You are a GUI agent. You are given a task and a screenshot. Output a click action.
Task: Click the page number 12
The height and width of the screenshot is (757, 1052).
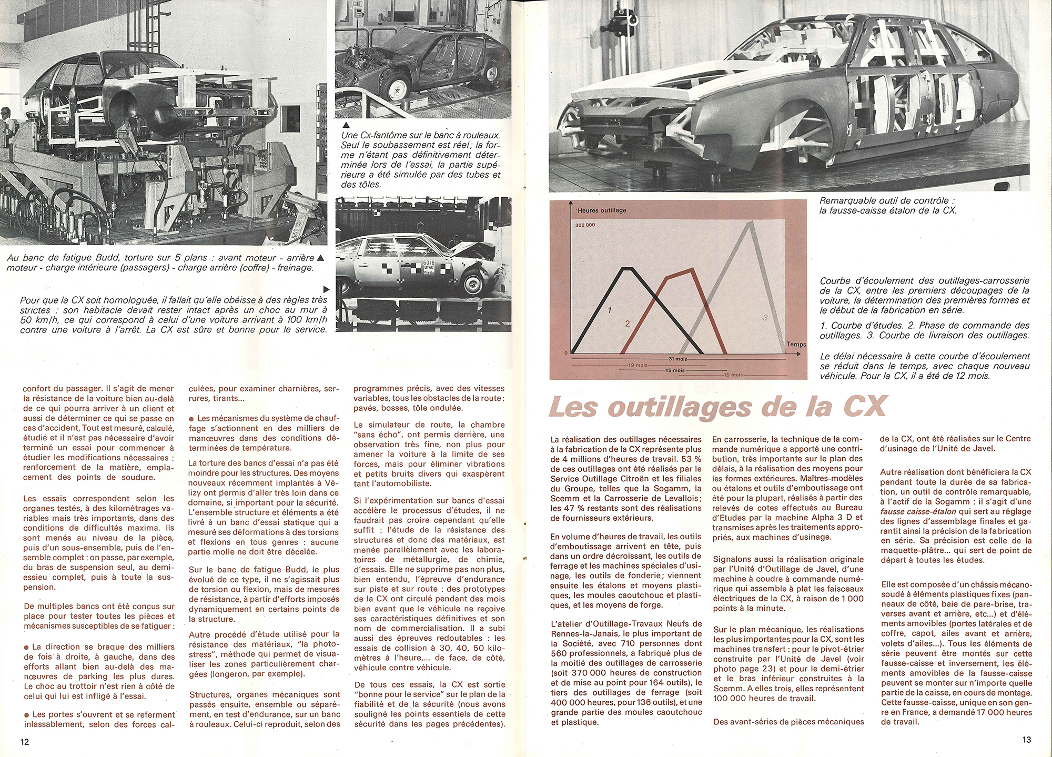[25, 742]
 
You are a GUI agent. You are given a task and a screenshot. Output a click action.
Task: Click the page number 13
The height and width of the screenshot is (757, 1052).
[1026, 739]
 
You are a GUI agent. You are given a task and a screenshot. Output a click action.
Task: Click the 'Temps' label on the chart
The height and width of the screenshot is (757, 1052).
[796, 345]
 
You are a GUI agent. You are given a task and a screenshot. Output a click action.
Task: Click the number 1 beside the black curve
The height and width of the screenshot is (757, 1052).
[610, 310]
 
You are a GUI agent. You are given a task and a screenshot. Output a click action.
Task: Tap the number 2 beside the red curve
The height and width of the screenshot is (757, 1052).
[628, 324]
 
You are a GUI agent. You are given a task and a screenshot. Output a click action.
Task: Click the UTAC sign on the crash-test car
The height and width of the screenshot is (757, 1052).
[428, 267]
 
